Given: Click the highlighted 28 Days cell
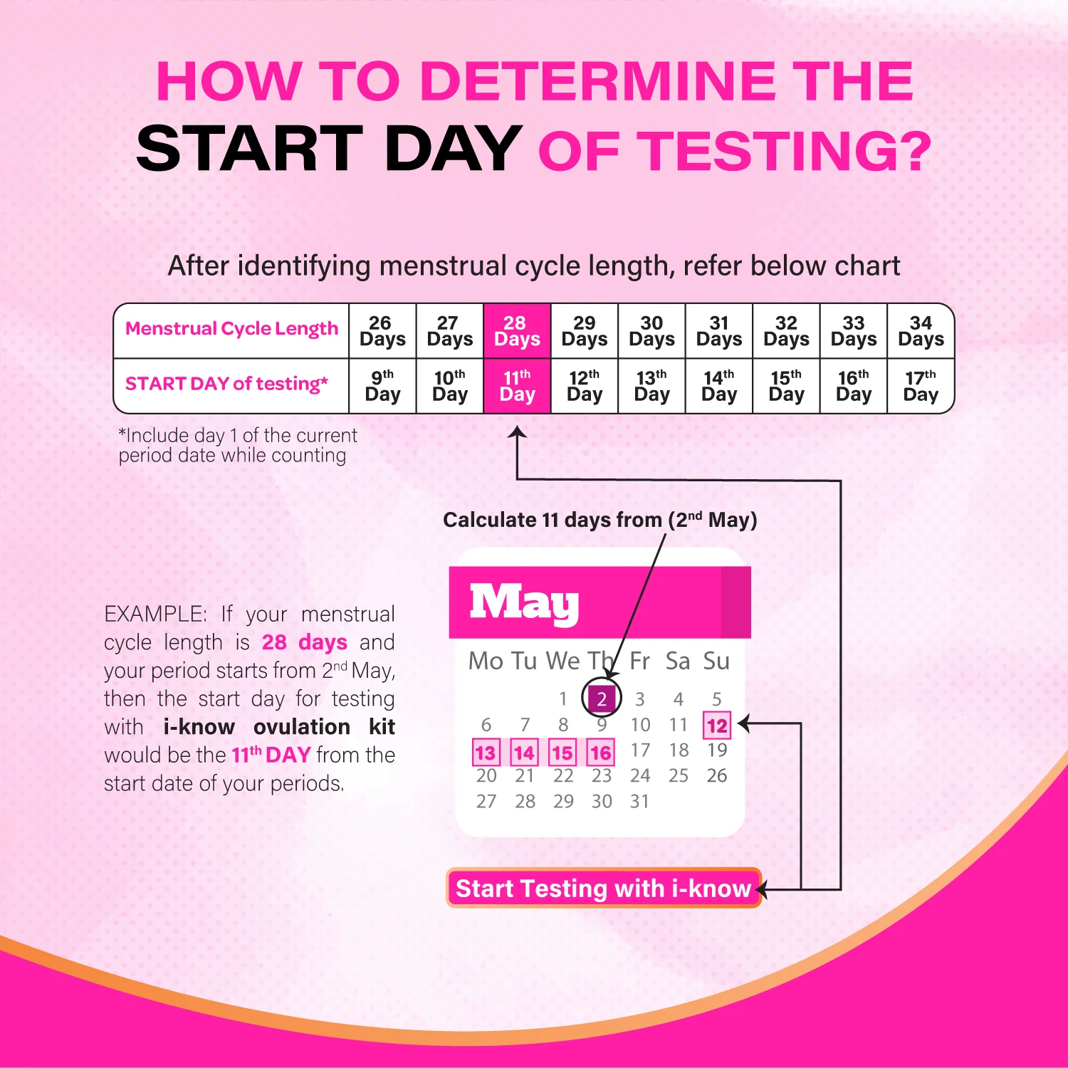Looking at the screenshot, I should [517, 331].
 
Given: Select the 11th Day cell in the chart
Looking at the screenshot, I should [517, 386].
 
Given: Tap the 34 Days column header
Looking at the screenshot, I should [921, 331].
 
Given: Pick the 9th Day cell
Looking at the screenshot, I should [382, 386].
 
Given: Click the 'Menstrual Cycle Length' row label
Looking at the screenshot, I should [231, 329].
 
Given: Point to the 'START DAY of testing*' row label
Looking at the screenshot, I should [226, 384].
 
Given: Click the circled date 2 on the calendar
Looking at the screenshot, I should [602, 698].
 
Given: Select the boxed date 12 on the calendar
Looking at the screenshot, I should [717, 726].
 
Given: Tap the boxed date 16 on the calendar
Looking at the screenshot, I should [601, 753].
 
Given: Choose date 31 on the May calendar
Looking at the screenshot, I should [639, 802].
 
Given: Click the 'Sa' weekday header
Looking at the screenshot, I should [678, 661].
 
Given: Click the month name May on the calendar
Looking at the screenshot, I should [524, 603].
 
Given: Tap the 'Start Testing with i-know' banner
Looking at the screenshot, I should [603, 889].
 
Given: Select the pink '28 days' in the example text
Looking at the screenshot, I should [304, 642].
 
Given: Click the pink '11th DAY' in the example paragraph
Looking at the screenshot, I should [271, 755].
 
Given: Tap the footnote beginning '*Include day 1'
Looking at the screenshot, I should [238, 445].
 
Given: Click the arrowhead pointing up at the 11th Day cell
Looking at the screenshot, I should [518, 432].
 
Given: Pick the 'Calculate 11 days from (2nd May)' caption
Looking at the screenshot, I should [600, 520].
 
